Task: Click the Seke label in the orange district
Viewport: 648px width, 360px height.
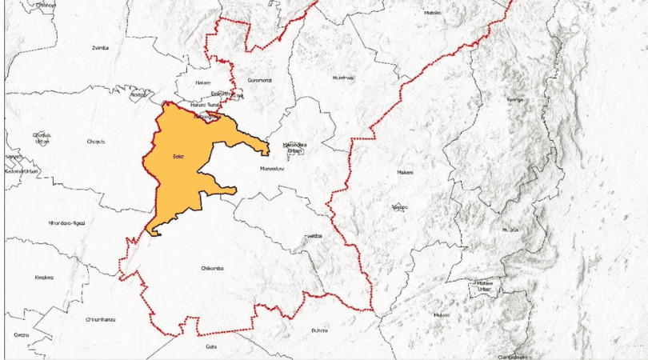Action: coord(178,157)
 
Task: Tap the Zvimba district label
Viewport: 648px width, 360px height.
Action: coord(100,48)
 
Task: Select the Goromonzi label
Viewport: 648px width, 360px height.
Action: coord(261,81)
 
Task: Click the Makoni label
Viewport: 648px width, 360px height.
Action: coord(406,173)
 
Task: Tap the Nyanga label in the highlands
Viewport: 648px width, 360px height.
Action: coord(514,100)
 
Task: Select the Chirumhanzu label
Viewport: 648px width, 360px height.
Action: coord(101,319)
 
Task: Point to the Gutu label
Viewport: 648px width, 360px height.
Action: coord(211,346)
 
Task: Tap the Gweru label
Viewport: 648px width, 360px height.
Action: coord(21,334)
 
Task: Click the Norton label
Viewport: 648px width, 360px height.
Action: coord(138,94)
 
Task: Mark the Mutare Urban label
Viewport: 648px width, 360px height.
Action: coord(485,286)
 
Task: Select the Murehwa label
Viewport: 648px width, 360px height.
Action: coord(343,78)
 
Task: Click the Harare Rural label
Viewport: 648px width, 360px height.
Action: coord(205,105)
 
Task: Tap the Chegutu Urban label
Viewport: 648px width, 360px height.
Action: coord(42,138)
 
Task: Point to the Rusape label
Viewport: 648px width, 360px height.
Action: coord(399,207)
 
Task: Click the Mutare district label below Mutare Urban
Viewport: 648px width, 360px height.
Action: coord(442,315)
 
